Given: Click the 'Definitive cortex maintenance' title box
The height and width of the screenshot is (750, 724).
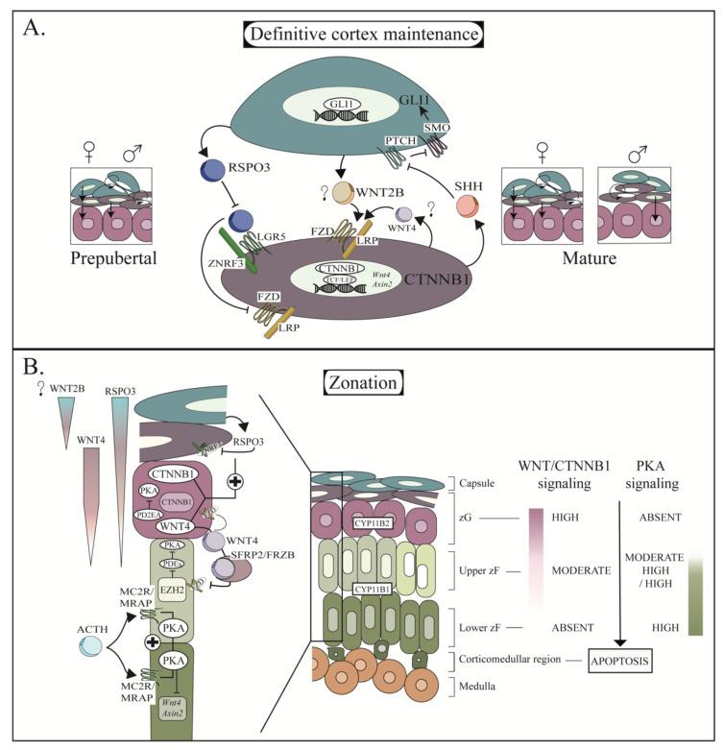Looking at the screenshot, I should tap(362, 35).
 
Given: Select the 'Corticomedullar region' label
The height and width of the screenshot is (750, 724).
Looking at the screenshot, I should tap(498, 662).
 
